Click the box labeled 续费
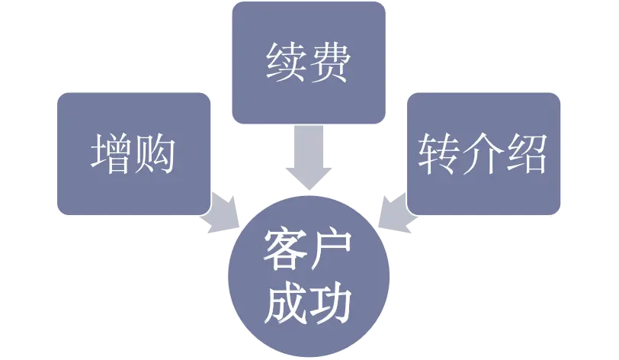(308, 63)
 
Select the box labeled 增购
(133, 153)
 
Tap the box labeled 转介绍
(483, 153)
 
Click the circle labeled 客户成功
(308, 276)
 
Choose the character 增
(111, 153)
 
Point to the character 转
(439, 153)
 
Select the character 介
(483, 153)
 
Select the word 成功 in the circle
(308, 303)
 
